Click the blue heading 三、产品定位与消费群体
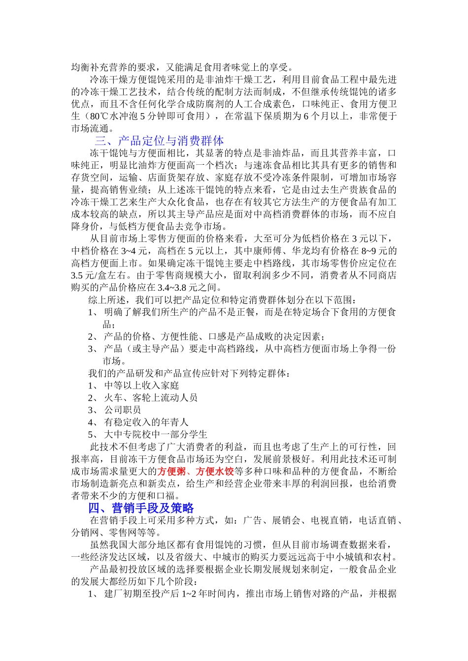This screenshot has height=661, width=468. click(x=159, y=141)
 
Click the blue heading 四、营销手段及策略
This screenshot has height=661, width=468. click(x=141, y=508)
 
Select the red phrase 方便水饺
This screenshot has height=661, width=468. click(x=215, y=472)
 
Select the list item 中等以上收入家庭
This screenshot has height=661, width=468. click(x=141, y=386)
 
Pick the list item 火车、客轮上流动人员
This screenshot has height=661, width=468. click(x=151, y=398)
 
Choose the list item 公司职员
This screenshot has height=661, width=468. click(x=122, y=410)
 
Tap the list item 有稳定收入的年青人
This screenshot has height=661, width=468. click(x=146, y=422)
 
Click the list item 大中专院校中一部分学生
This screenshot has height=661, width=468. click(x=156, y=435)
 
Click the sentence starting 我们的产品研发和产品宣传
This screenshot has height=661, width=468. click(x=189, y=373)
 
